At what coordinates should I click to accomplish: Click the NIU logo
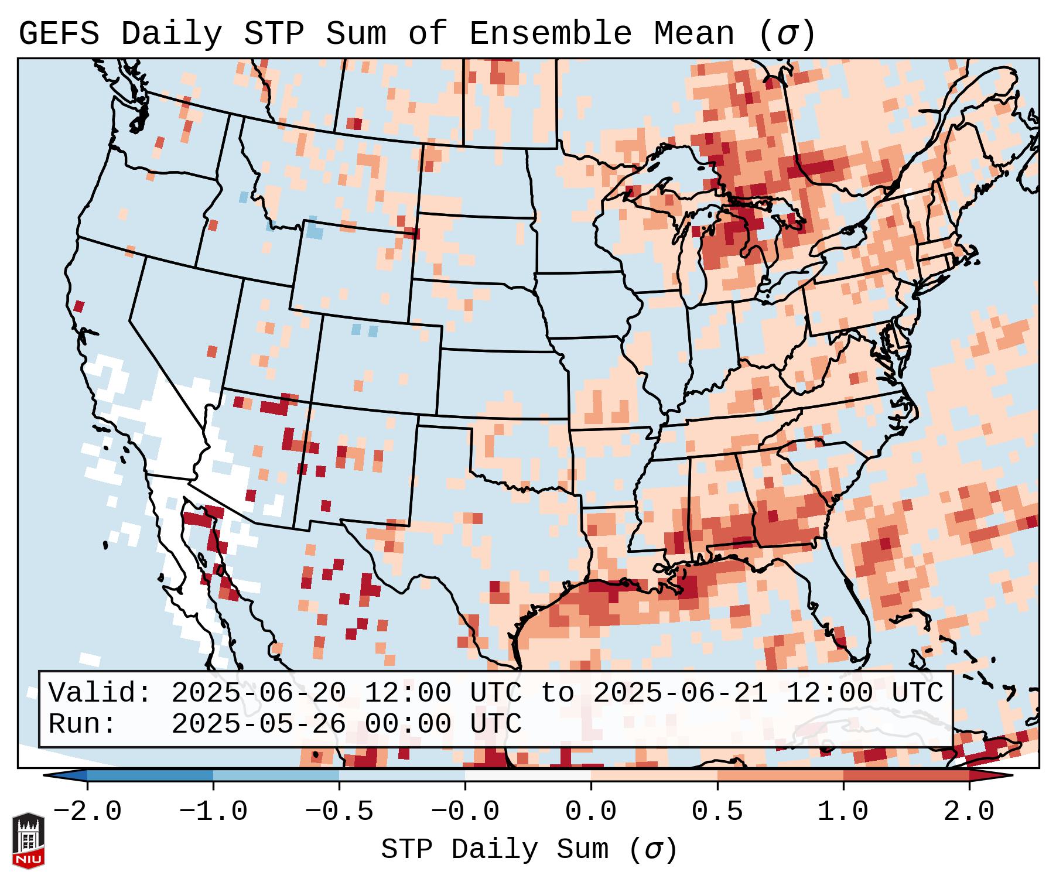[x=28, y=840]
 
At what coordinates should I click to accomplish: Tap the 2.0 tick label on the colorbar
[x=969, y=812]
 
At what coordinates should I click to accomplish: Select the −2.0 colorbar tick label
[x=87, y=812]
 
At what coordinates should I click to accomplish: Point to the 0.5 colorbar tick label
[x=717, y=812]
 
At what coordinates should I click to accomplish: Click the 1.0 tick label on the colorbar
[x=843, y=812]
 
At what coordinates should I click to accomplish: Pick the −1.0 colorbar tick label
[x=213, y=812]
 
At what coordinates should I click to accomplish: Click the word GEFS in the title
[x=59, y=34]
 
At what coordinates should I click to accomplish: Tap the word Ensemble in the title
[x=551, y=34]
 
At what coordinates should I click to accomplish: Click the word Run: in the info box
[x=83, y=724]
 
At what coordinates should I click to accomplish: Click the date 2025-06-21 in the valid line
[x=680, y=693]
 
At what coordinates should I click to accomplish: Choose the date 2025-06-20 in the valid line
[x=258, y=693]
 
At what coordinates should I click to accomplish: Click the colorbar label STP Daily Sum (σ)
[x=529, y=850]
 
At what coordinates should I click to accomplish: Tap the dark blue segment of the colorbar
[x=150, y=775]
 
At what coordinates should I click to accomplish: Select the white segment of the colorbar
[x=528, y=775]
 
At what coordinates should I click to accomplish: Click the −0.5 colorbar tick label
[x=339, y=812]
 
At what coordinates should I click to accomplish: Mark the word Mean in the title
[x=694, y=34]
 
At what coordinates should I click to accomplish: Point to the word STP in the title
[x=274, y=34]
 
